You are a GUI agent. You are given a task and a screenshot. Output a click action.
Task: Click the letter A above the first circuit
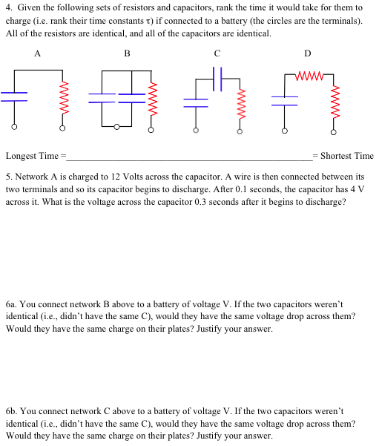click(x=37, y=53)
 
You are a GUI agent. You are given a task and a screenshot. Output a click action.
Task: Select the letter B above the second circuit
click(x=127, y=53)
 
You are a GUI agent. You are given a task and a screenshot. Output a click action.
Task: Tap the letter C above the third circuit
click(x=217, y=53)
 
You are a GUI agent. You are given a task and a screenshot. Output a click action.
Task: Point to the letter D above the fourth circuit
click(x=308, y=53)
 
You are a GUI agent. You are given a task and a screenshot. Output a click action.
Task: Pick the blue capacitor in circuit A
click(x=14, y=95)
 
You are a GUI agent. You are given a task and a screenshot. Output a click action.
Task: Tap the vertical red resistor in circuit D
click(x=334, y=104)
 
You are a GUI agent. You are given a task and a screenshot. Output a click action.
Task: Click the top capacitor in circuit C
click(x=218, y=76)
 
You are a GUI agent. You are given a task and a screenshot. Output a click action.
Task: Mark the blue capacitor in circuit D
click(x=284, y=96)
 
